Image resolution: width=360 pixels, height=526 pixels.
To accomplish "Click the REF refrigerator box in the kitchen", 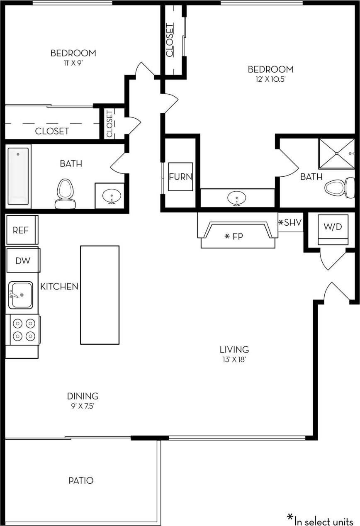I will click(22, 230).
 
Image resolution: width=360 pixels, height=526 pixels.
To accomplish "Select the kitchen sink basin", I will click(21, 295).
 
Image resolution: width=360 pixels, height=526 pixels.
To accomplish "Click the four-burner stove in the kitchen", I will click(24, 329).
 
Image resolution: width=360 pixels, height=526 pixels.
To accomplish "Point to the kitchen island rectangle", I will click(100, 295).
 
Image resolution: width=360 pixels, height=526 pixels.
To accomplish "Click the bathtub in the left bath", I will click(19, 175).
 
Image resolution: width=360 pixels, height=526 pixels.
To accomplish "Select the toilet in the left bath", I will click(65, 193).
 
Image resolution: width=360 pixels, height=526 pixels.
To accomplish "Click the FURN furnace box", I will click(180, 177).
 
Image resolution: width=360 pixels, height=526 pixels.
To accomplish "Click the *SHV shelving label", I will click(290, 223).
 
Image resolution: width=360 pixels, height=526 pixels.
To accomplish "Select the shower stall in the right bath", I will click(336, 153).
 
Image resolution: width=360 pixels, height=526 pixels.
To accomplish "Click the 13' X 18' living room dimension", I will click(234, 360).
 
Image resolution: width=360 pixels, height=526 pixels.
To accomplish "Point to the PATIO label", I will click(81, 480).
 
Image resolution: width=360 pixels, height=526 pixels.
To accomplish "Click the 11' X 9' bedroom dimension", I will click(73, 63).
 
